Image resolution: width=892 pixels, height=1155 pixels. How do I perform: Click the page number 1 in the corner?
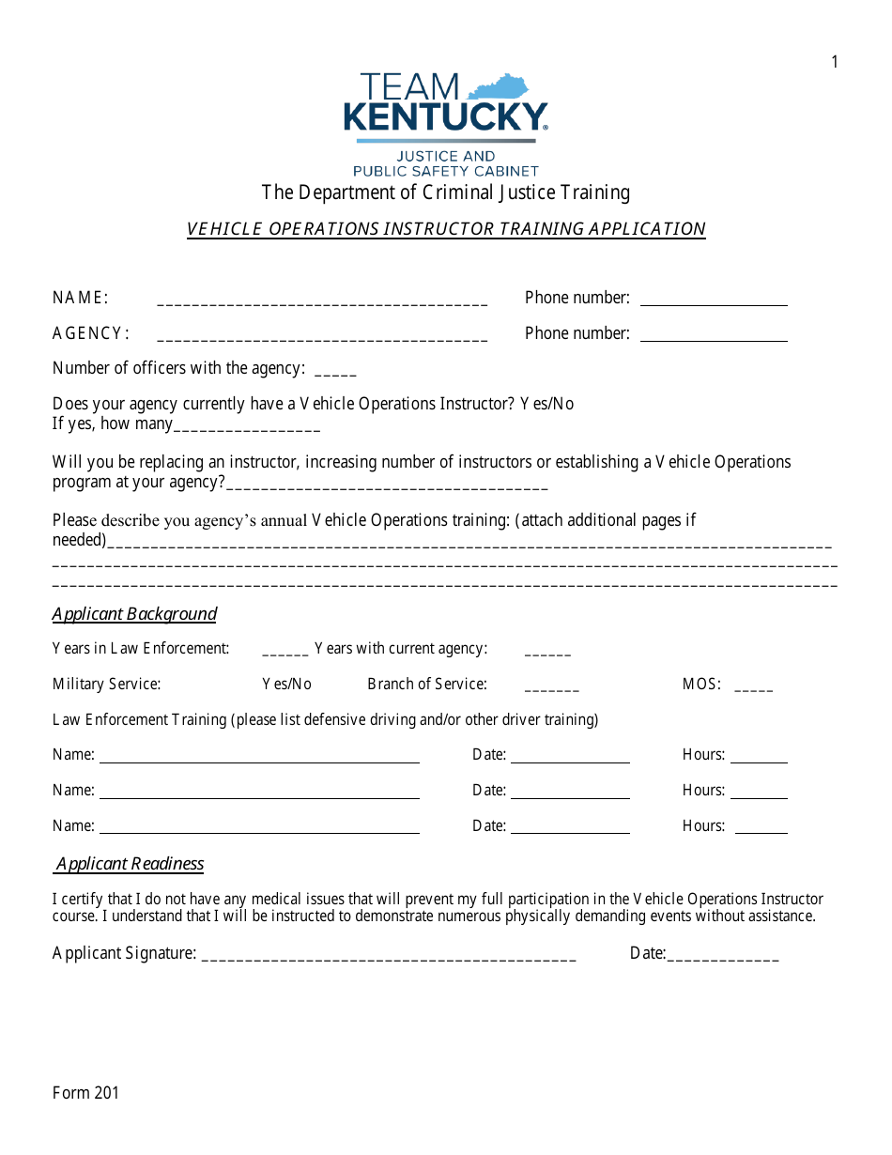tap(835, 62)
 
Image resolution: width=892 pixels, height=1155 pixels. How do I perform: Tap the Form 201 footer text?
tap(85, 1092)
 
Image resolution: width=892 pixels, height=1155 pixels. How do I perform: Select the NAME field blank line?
tap(322, 302)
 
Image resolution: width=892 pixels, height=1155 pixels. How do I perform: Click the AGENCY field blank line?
tap(322, 338)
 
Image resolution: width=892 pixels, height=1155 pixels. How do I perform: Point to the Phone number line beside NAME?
tap(714, 302)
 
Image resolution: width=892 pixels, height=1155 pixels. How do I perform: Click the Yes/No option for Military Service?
tap(286, 684)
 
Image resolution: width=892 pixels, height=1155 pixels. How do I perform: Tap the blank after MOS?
tap(754, 688)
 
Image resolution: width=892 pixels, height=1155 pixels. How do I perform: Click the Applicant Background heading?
tap(134, 614)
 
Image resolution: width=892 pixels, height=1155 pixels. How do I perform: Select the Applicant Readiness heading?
tap(130, 864)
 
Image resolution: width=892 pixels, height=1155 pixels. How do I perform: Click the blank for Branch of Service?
tap(552, 688)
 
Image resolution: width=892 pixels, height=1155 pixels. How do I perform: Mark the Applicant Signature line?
tap(389, 958)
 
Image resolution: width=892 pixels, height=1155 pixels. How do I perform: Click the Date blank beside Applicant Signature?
tap(723, 958)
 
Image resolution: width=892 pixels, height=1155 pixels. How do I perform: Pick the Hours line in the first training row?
tap(759, 761)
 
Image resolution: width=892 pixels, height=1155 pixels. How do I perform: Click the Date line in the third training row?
tap(570, 831)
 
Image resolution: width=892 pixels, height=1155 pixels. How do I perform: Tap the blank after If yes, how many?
tap(247, 429)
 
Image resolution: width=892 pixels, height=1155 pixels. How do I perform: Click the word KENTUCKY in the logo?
tap(446, 117)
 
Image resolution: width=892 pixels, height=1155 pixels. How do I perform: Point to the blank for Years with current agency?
tap(547, 653)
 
